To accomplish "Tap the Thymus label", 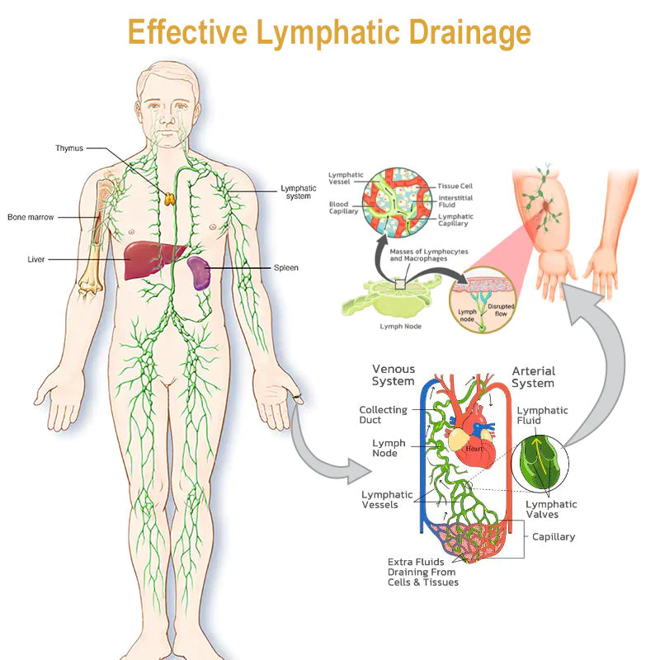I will pyautogui.click(x=69, y=148).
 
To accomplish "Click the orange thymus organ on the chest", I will pyautogui.click(x=170, y=198).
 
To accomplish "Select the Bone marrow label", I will pyautogui.click(x=30, y=218).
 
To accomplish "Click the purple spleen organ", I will pyautogui.click(x=198, y=272).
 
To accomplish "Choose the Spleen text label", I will pyautogui.click(x=285, y=268).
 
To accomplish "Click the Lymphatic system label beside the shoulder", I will pyautogui.click(x=298, y=192).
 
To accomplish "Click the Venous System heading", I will pyautogui.click(x=394, y=375).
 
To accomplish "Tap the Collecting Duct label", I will pyautogui.click(x=383, y=415).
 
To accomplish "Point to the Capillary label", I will pyautogui.click(x=554, y=537).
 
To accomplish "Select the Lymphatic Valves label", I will pyautogui.click(x=551, y=509).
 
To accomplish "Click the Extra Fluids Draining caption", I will pyautogui.click(x=422, y=572).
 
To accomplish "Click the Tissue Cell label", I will pyautogui.click(x=454, y=186).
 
